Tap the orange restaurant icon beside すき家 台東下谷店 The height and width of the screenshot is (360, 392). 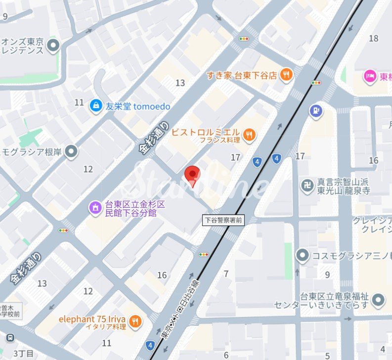click(285, 75)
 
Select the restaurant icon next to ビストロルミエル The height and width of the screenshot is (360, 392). click(250, 134)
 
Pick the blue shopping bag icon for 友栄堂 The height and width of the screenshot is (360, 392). click(95, 105)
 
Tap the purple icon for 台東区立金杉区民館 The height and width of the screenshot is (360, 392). click(93, 208)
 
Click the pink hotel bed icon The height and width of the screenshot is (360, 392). click(369, 76)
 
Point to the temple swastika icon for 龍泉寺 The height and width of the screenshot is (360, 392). click(307, 186)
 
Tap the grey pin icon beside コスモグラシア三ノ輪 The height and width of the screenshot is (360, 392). click(302, 256)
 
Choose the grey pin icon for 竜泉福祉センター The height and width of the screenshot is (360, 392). click(379, 300)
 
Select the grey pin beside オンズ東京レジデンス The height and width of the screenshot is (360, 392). click(53, 47)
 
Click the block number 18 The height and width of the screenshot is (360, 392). click(373, 39)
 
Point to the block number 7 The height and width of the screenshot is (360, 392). click(226, 273)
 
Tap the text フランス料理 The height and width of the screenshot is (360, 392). click(220, 140)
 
